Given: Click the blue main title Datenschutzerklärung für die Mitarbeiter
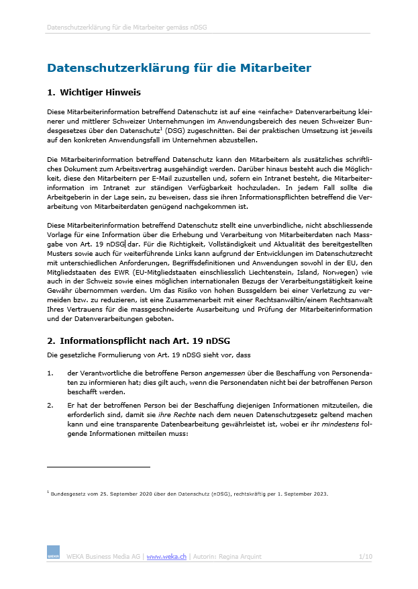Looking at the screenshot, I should click(179, 68).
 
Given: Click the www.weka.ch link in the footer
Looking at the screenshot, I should click(166, 556).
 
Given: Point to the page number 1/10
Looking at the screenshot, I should click(366, 556).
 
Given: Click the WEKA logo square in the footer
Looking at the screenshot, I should click(53, 553).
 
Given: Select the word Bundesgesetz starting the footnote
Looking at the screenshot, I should click(67, 494).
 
